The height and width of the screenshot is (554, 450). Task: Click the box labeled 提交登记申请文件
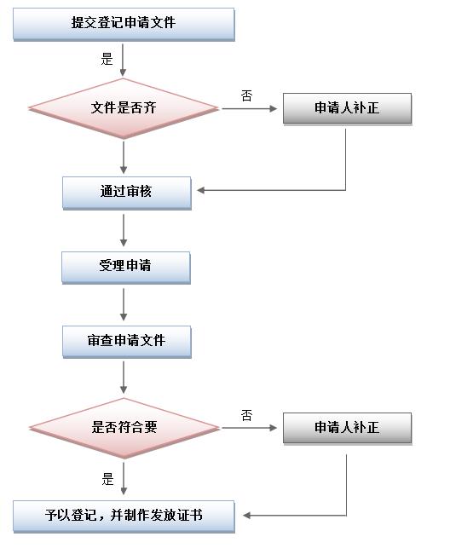click(x=124, y=24)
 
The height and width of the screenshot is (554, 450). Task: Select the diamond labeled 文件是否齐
click(x=124, y=108)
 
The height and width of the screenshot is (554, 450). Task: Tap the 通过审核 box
click(x=127, y=193)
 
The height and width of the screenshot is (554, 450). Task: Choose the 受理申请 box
click(x=126, y=268)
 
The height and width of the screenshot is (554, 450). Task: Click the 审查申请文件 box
click(x=127, y=342)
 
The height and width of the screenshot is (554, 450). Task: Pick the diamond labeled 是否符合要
click(x=124, y=428)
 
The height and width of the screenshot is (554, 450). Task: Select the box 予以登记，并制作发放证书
click(x=124, y=516)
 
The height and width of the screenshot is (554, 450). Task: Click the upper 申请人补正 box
click(x=347, y=108)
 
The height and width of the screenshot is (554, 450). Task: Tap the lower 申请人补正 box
click(x=347, y=428)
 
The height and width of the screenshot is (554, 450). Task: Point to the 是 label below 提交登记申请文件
click(x=107, y=59)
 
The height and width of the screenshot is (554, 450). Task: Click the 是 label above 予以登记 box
click(x=107, y=480)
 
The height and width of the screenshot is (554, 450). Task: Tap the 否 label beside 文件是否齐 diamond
click(x=247, y=95)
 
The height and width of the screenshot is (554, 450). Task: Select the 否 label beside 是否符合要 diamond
click(x=247, y=415)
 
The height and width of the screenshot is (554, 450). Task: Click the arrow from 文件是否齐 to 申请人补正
click(x=250, y=109)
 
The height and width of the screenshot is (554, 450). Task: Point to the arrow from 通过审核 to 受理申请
click(x=124, y=230)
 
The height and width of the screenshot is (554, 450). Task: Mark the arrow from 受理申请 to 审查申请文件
click(x=124, y=304)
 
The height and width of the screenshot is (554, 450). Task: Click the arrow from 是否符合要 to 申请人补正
click(x=250, y=428)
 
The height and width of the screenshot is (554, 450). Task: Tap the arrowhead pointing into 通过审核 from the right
click(x=200, y=190)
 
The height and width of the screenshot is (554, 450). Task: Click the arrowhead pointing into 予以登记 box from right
click(x=246, y=516)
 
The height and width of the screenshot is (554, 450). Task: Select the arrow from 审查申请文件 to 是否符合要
click(x=124, y=378)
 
